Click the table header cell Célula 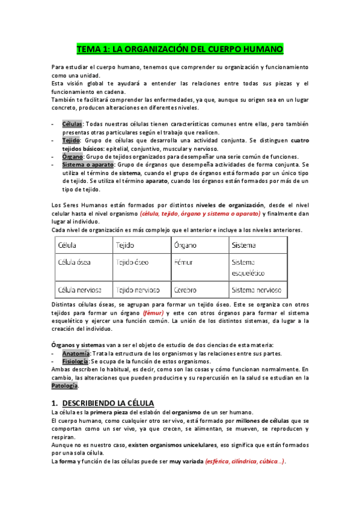67,245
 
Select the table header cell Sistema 243,245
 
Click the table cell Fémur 183,262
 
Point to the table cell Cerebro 185,290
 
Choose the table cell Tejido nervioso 138,290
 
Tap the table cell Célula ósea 75,262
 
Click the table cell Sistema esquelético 247,267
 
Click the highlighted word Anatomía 76,354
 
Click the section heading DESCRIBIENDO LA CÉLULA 108,402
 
